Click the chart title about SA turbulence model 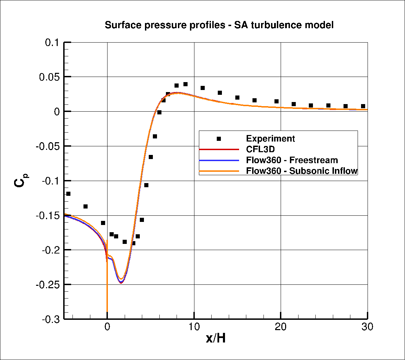tap(219, 25)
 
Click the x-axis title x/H tap(216, 338)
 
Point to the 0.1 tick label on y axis tap(53, 43)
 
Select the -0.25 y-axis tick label tap(48, 285)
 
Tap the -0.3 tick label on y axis tap(51, 319)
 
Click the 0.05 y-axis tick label tap(49, 77)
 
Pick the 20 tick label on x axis tap(281, 327)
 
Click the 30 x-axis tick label tap(367, 327)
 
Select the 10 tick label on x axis tap(194, 327)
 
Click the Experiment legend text tap(270, 139)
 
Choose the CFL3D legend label tap(260, 149)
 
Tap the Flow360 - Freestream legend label tap(292, 160)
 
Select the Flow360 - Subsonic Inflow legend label tap(302, 171)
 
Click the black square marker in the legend tap(219, 139)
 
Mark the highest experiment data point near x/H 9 tap(185, 84)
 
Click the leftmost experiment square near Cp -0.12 tap(68, 194)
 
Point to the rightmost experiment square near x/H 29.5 tap(363, 106)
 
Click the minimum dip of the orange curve tap(121, 279)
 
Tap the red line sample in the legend tap(219, 149)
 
